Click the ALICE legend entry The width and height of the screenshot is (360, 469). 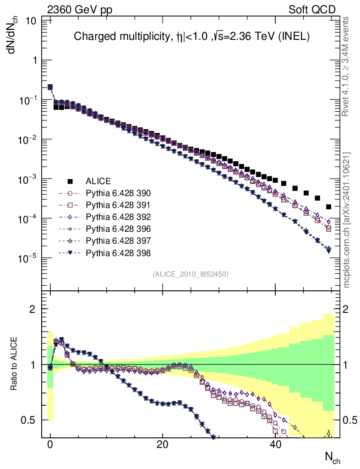click(98, 181)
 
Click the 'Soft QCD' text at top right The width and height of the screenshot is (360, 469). click(312, 10)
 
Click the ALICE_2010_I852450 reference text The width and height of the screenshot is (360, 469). click(190, 274)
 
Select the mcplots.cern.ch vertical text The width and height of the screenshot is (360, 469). click(347, 219)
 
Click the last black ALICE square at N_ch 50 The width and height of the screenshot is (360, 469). click(328, 207)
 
